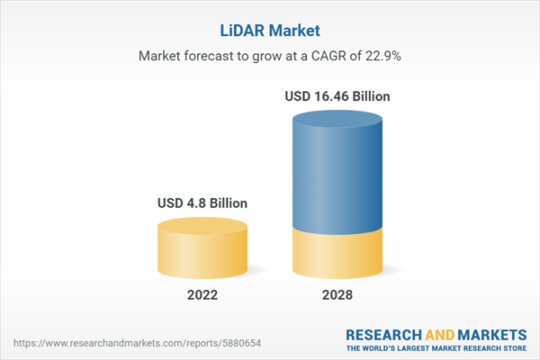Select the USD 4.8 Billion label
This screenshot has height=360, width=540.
(202, 202)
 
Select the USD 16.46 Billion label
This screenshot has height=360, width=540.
(337, 96)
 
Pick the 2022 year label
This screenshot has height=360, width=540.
(202, 295)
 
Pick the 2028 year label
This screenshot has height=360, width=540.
(337, 295)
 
